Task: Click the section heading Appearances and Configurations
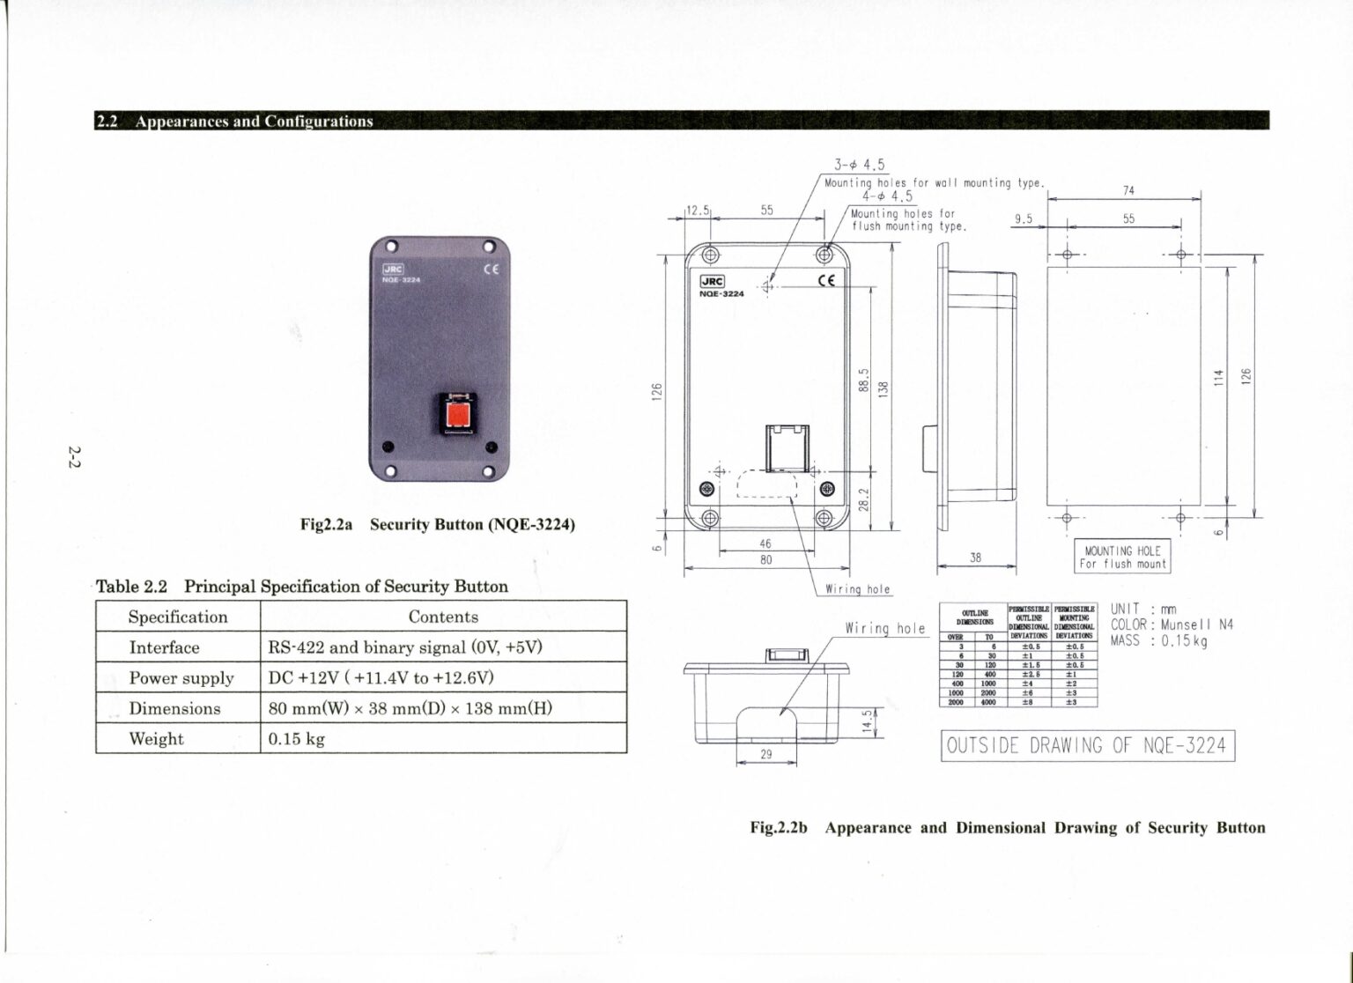point(254,122)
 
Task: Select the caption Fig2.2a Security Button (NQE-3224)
point(437,525)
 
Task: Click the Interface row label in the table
point(164,647)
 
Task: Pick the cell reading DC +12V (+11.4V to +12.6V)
point(381,677)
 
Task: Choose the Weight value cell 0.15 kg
point(296,739)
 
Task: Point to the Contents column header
point(443,617)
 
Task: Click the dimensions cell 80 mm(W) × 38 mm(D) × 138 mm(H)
point(410,708)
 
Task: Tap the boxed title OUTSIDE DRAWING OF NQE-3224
point(1086,745)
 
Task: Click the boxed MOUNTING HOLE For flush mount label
point(1122,558)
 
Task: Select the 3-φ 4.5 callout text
point(859,165)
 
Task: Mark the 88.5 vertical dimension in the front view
point(864,381)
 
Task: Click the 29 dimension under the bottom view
point(765,755)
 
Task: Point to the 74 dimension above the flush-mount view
point(1128,190)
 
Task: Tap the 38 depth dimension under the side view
point(975,558)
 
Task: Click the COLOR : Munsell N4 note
point(1172,625)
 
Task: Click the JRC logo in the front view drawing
point(711,282)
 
